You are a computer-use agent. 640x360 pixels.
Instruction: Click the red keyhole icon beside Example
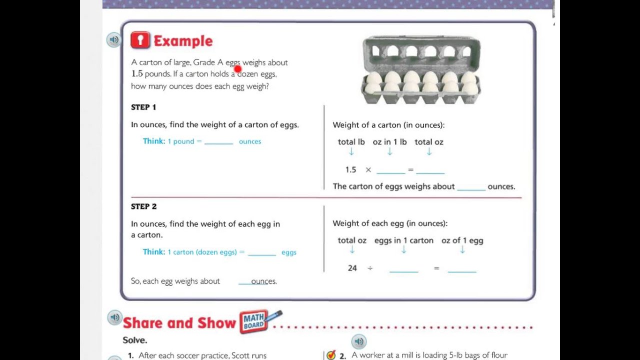pyautogui.click(x=140, y=40)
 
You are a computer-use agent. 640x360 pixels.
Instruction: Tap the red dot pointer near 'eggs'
pyautogui.click(x=237, y=69)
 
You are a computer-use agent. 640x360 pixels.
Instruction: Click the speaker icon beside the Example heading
pyautogui.click(x=113, y=39)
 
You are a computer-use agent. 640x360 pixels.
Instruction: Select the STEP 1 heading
pyautogui.click(x=143, y=107)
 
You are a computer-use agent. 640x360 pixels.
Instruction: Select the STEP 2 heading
pyautogui.click(x=143, y=206)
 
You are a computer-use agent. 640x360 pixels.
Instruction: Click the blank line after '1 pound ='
pyautogui.click(x=219, y=143)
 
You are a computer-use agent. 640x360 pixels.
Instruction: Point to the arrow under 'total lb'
pyautogui.click(x=351, y=151)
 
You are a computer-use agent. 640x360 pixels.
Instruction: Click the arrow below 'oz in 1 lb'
pyautogui.click(x=389, y=151)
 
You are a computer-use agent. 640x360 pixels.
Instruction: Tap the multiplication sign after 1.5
pyautogui.click(x=368, y=170)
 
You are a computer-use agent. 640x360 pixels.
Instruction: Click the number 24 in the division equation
pyautogui.click(x=352, y=268)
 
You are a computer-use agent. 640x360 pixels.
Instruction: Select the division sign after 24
pyautogui.click(x=370, y=268)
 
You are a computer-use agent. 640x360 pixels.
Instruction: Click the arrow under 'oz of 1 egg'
pyautogui.click(x=462, y=249)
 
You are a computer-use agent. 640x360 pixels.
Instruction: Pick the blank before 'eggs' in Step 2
pyautogui.click(x=262, y=254)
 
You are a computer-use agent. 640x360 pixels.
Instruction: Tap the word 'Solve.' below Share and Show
pyautogui.click(x=135, y=340)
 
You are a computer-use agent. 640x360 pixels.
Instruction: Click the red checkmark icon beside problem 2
pyautogui.click(x=331, y=355)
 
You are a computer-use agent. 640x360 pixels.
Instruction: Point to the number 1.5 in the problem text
pyautogui.click(x=137, y=73)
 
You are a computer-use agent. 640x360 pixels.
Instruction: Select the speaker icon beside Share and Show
pyautogui.click(x=115, y=317)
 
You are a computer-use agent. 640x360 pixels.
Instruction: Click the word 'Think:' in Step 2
pyautogui.click(x=154, y=251)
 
